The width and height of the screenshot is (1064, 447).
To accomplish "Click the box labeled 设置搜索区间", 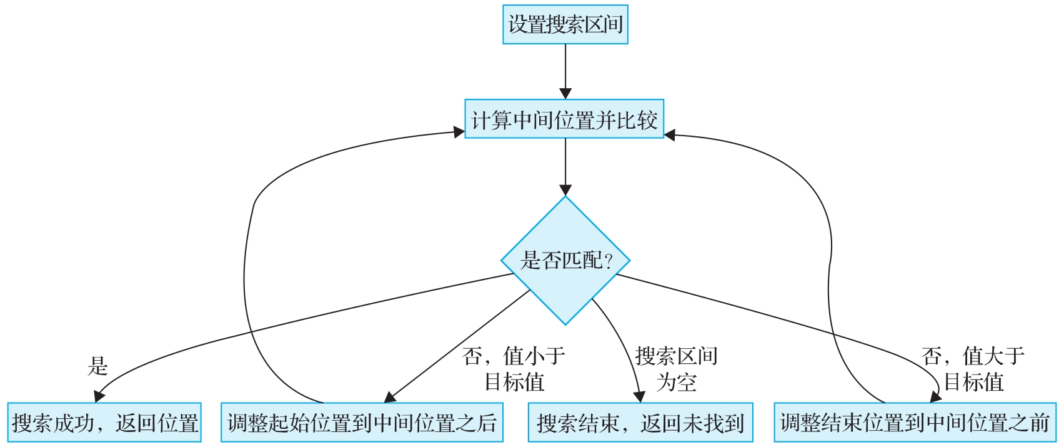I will [x=565, y=25].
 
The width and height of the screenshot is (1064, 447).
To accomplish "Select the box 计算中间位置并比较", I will [x=564, y=119].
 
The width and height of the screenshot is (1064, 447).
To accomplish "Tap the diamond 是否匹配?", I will [x=565, y=260].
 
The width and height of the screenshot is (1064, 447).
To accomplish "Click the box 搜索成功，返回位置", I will [x=104, y=423].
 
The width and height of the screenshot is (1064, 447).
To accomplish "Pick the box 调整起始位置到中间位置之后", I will [x=362, y=423].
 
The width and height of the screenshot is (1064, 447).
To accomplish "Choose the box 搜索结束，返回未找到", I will [x=640, y=423].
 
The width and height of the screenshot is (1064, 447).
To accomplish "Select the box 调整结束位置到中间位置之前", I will [x=915, y=423].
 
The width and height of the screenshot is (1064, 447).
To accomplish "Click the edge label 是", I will [x=98, y=366].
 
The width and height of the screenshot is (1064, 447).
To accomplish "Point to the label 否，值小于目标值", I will [x=514, y=369].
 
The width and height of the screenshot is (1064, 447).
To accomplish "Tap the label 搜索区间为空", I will [x=676, y=369].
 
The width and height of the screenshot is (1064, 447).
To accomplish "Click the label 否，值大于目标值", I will [x=973, y=369].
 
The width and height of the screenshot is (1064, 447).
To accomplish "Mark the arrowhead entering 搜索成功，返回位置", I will [x=98, y=397].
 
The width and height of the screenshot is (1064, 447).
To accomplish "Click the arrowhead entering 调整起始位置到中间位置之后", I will [x=390, y=398].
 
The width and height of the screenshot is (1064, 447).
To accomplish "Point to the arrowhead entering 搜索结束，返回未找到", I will [x=639, y=396].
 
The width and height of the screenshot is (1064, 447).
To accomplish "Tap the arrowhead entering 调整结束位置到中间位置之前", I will [x=935, y=397].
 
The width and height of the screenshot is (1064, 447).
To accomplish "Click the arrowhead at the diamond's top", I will [x=565, y=190].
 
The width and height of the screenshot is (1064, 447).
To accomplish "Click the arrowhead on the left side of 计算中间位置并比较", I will [x=458, y=133].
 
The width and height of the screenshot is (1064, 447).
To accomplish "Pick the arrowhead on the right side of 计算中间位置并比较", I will [x=670, y=134].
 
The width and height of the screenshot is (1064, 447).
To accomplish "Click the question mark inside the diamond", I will [x=609, y=261].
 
